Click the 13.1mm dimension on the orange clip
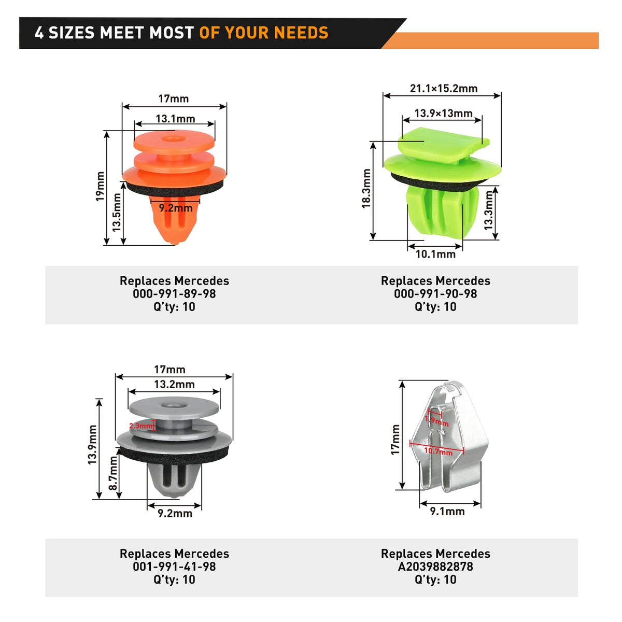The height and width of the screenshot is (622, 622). click(x=175, y=119)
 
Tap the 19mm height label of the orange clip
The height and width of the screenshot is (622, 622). click(x=100, y=187)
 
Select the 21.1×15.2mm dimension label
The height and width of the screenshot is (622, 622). click(x=443, y=89)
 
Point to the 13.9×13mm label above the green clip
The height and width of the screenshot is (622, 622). click(x=443, y=114)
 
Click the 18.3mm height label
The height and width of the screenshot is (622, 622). click(x=366, y=188)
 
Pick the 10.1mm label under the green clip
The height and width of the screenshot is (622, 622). click(x=435, y=255)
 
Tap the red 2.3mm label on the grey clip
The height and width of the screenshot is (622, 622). click(x=140, y=426)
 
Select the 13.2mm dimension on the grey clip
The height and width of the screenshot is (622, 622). click(x=174, y=385)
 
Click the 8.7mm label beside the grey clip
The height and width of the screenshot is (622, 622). click(x=113, y=473)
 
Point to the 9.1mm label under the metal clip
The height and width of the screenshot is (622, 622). click(x=447, y=511)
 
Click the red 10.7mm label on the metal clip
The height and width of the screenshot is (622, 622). click(x=438, y=451)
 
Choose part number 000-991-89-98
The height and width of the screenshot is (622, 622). click(x=174, y=294)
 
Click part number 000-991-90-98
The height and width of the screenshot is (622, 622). click(x=435, y=294)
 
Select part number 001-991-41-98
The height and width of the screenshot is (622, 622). click(x=174, y=567)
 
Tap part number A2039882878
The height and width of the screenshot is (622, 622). click(x=435, y=567)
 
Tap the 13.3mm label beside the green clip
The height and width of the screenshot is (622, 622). click(x=489, y=210)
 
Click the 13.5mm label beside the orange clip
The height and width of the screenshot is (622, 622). click(x=116, y=212)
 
